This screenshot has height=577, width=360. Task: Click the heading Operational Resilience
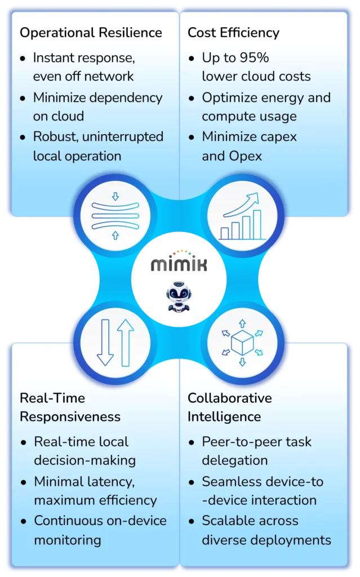91,33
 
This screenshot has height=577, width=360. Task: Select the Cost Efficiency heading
233,33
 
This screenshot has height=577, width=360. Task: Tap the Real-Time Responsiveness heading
70,407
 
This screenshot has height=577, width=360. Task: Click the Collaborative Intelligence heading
229,407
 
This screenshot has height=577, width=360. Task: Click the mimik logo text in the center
179,263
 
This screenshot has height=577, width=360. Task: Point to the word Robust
54,136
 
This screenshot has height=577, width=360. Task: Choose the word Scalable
227,521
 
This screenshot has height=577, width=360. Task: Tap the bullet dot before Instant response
23,59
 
